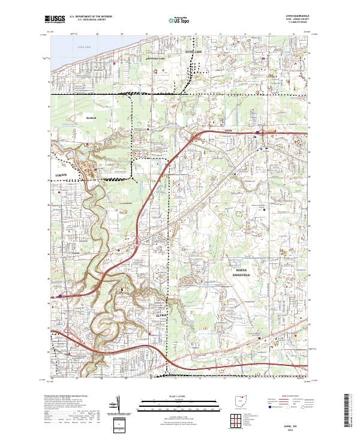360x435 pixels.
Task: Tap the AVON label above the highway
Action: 227,130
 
